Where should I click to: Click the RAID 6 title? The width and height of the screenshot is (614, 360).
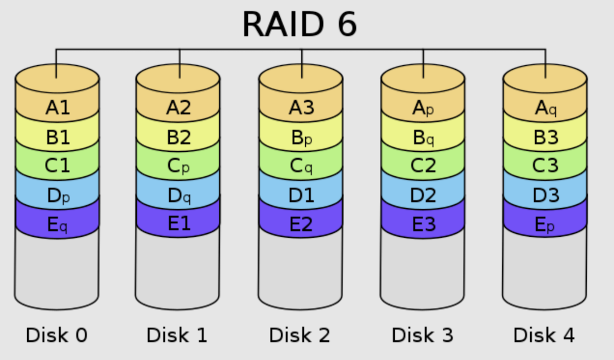[x=300, y=24]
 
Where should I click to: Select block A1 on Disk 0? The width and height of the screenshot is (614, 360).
[x=57, y=107]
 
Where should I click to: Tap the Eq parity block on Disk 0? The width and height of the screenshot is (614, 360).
[x=57, y=225]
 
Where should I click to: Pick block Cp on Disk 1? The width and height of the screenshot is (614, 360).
[x=178, y=166]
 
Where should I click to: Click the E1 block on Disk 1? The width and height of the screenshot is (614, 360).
[x=178, y=224]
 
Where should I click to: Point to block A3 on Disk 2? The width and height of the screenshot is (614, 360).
[x=301, y=107]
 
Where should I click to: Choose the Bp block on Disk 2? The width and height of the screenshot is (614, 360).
[x=301, y=138]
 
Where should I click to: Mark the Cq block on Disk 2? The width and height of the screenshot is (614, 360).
[x=301, y=166]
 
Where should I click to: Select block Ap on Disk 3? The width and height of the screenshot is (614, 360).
[x=423, y=107]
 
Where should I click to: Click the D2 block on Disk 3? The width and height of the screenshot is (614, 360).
[x=423, y=196]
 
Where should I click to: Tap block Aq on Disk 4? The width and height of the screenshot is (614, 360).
[x=545, y=107]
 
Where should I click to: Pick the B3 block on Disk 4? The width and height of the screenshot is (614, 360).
[x=545, y=138]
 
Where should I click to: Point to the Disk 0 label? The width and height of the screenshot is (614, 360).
[x=57, y=335]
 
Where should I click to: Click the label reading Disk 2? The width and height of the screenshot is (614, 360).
[x=300, y=335]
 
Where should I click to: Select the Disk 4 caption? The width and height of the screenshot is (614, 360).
[x=544, y=335]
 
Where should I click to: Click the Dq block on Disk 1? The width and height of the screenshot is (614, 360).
[x=178, y=196]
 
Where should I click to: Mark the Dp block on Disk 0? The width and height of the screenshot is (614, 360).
[x=57, y=196]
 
